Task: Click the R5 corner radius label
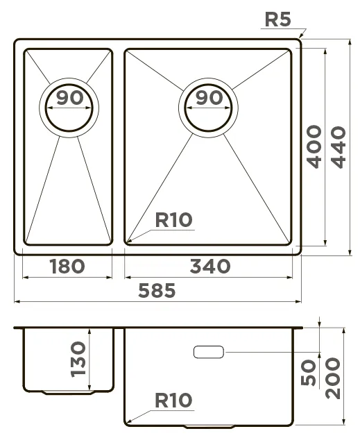(x=277, y=19)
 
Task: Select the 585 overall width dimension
(x=157, y=290)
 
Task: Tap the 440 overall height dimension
(x=338, y=147)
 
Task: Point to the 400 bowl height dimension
(x=314, y=146)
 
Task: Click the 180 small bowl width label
(x=67, y=267)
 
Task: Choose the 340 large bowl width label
(x=210, y=267)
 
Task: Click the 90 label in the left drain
(x=70, y=98)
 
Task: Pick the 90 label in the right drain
(x=209, y=98)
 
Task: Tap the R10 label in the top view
(x=174, y=219)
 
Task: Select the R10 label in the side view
(x=174, y=400)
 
